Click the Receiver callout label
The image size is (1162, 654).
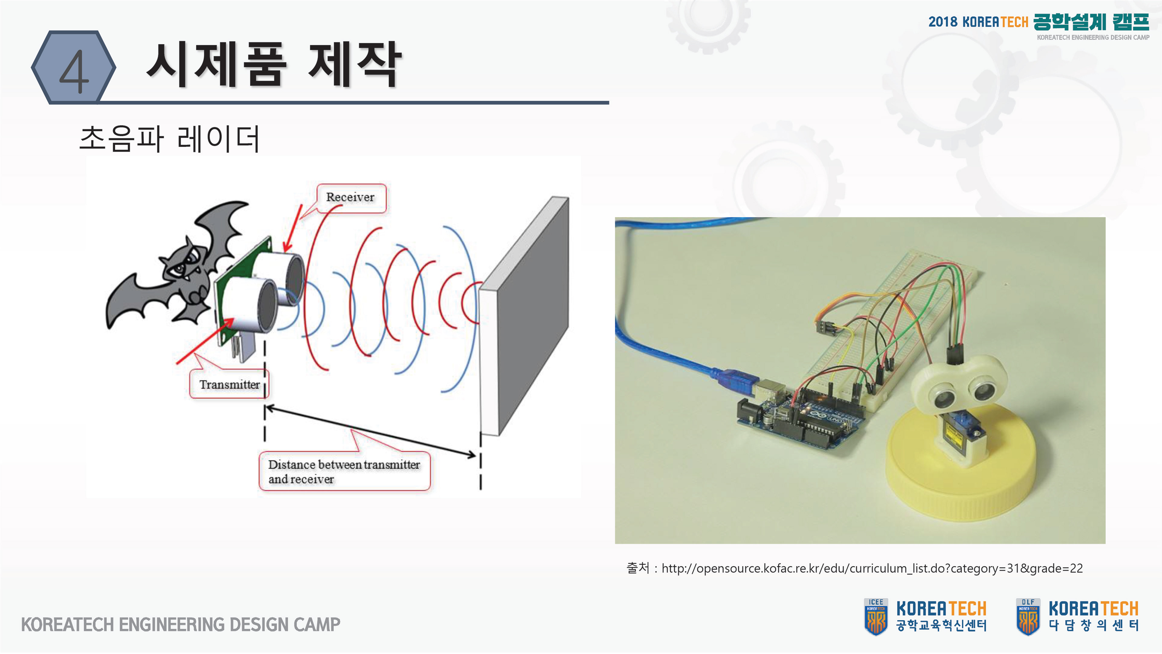coord(350,198)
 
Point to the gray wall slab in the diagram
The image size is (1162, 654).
coord(526,316)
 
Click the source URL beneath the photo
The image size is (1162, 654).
coord(871,568)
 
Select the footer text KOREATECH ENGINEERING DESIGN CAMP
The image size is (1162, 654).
coord(180,625)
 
